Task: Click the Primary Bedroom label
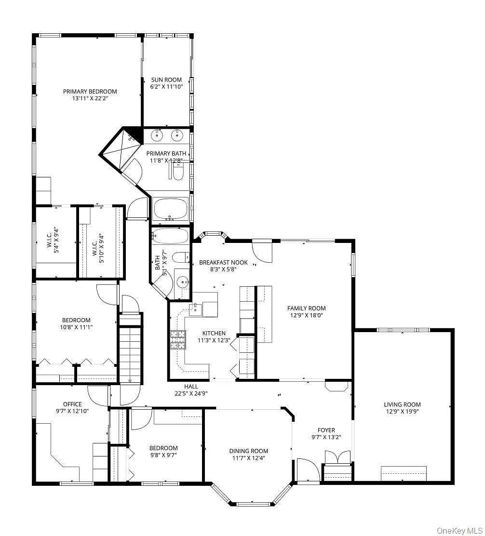pyautogui.click(x=90, y=91)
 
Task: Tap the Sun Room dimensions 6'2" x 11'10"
pyautogui.click(x=166, y=87)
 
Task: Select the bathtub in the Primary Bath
pyautogui.click(x=171, y=209)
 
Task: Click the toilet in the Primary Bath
pyautogui.click(x=177, y=172)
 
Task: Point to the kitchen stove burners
pyautogui.click(x=178, y=340)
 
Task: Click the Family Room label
pyautogui.click(x=306, y=308)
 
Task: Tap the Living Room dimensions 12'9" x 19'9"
pyautogui.click(x=402, y=412)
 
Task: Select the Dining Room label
pyautogui.click(x=248, y=451)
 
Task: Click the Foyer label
pyautogui.click(x=326, y=430)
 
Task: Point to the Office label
pyautogui.click(x=72, y=404)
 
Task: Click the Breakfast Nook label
pyautogui.click(x=224, y=263)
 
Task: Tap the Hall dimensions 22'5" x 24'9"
pyautogui.click(x=191, y=393)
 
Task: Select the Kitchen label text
pyautogui.click(x=214, y=333)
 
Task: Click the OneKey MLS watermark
pyautogui.click(x=459, y=531)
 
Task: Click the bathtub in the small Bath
pyautogui.click(x=170, y=236)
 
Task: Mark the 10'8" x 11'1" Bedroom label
pyautogui.click(x=76, y=324)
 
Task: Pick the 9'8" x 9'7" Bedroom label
pyautogui.click(x=163, y=452)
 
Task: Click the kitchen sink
pyautogui.click(x=196, y=309)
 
